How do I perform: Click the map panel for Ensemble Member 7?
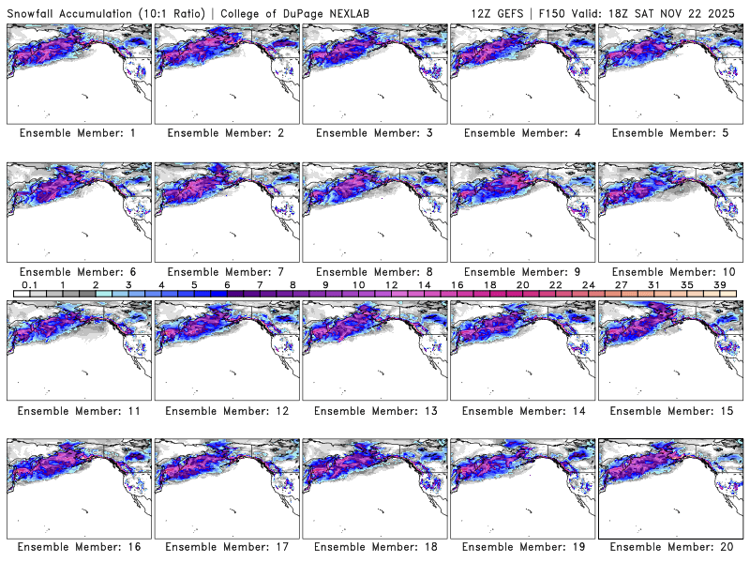(x=227, y=212)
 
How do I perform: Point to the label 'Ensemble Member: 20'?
(x=669, y=546)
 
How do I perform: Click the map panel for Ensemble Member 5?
(x=671, y=73)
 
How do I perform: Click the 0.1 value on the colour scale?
(x=29, y=283)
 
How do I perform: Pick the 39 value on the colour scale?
(x=720, y=283)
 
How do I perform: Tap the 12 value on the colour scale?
(x=391, y=283)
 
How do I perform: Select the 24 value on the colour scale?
(x=588, y=283)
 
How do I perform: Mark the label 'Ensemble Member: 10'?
(x=669, y=271)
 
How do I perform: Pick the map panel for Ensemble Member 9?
(x=523, y=212)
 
